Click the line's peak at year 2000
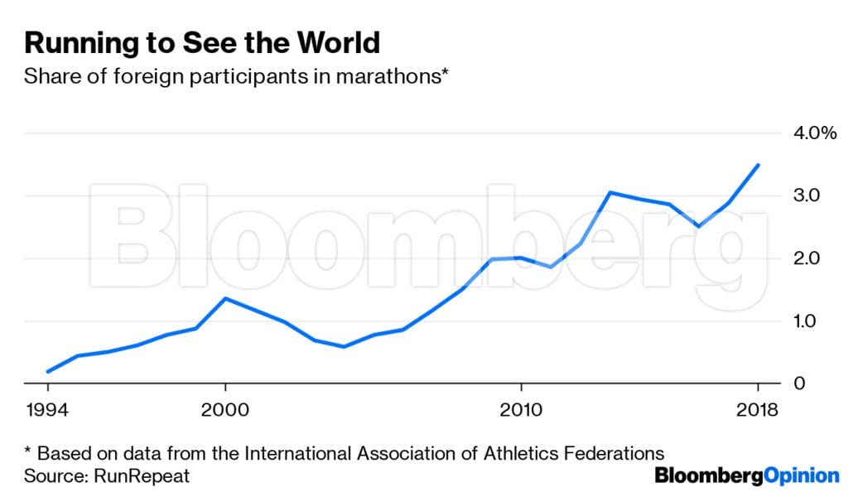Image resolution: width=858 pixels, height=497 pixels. tap(225, 298)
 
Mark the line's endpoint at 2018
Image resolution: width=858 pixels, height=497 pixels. tap(758, 165)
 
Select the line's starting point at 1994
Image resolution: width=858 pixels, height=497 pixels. tap(48, 371)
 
